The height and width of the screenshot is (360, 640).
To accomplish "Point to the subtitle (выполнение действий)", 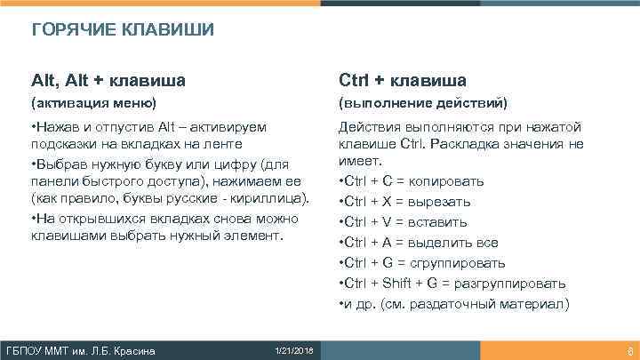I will coord(423,104).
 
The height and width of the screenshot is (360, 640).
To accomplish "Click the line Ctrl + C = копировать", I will coord(412,181).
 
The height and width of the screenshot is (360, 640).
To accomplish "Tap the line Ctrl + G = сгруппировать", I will coord(422,263).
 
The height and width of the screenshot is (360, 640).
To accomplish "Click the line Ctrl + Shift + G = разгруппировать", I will coord(452,284).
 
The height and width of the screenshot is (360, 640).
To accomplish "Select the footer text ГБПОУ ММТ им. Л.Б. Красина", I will coord(81,350).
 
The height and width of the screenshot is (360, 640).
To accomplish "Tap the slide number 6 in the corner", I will coord(629,350).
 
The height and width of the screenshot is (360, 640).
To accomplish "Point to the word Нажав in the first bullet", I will coord(55,127).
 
